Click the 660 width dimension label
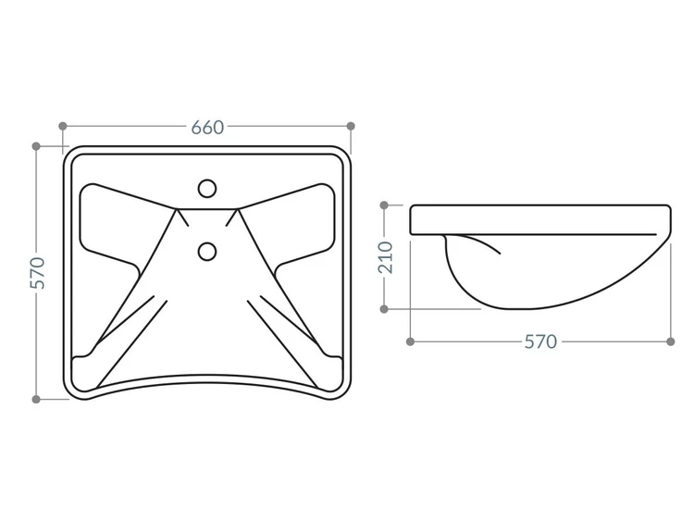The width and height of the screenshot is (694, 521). click(207, 128)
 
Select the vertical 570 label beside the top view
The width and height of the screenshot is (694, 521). click(38, 273)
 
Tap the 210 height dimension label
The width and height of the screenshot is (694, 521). click(386, 257)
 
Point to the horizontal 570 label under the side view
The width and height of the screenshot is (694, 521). click(540, 341)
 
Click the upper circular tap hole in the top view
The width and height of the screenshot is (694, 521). click(207, 189)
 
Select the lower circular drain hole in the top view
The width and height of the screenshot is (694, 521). click(207, 251)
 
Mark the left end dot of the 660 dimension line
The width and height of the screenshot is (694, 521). click(63, 126)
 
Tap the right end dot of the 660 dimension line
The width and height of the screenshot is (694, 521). click(351, 126)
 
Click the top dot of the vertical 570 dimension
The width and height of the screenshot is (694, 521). click(36, 146)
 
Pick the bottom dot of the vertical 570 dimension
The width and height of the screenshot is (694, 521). click(36, 399)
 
